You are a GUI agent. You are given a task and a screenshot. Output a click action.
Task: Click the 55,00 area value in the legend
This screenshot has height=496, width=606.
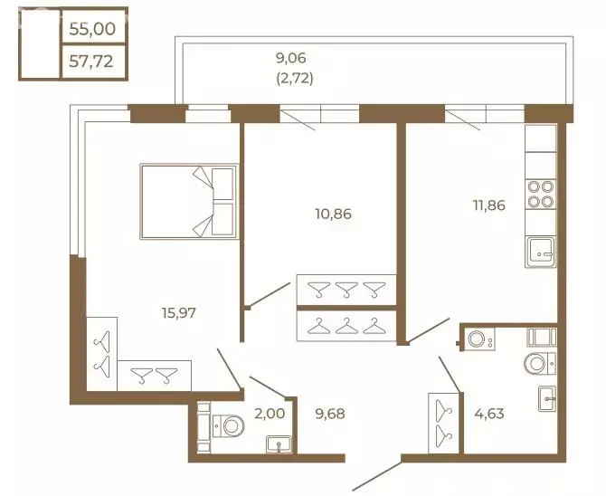click(x=92, y=29)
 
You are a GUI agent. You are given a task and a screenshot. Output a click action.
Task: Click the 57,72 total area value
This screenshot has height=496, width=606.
click(x=91, y=62)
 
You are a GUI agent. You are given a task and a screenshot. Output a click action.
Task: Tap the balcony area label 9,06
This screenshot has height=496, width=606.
click(x=290, y=58)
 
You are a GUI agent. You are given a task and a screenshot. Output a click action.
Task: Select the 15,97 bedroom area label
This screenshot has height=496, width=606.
click(x=179, y=312)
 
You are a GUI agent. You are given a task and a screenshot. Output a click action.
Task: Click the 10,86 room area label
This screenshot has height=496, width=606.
click(x=333, y=214)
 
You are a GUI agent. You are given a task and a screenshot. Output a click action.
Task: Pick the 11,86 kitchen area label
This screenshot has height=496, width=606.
click(x=489, y=205)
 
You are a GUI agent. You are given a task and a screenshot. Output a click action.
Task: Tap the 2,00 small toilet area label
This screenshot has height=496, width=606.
click(x=270, y=414)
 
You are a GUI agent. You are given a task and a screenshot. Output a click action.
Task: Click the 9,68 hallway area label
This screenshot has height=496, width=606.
click(x=329, y=414)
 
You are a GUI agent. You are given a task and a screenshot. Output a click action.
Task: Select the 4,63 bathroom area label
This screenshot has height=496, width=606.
click(x=489, y=414)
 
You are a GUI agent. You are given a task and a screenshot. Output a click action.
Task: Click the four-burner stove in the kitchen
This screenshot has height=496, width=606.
click(x=541, y=195)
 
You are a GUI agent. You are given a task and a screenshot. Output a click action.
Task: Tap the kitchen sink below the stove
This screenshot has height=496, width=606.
click(x=541, y=253)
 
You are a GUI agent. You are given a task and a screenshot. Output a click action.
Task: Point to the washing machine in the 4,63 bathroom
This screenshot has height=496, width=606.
click(x=479, y=339)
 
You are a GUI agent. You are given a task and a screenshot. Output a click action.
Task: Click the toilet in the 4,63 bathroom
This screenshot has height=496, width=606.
click(x=540, y=364)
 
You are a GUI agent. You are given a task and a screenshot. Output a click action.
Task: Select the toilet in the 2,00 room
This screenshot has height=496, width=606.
click(x=228, y=426)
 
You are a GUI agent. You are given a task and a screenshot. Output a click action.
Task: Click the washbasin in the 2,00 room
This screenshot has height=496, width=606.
click(x=279, y=444)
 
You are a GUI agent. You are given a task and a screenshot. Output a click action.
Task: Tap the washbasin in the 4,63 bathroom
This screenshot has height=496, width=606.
click(x=547, y=398)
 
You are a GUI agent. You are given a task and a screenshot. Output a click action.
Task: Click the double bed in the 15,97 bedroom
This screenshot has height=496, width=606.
click(x=189, y=201)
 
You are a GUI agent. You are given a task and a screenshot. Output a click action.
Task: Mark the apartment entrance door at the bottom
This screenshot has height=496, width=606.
click(x=377, y=475)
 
